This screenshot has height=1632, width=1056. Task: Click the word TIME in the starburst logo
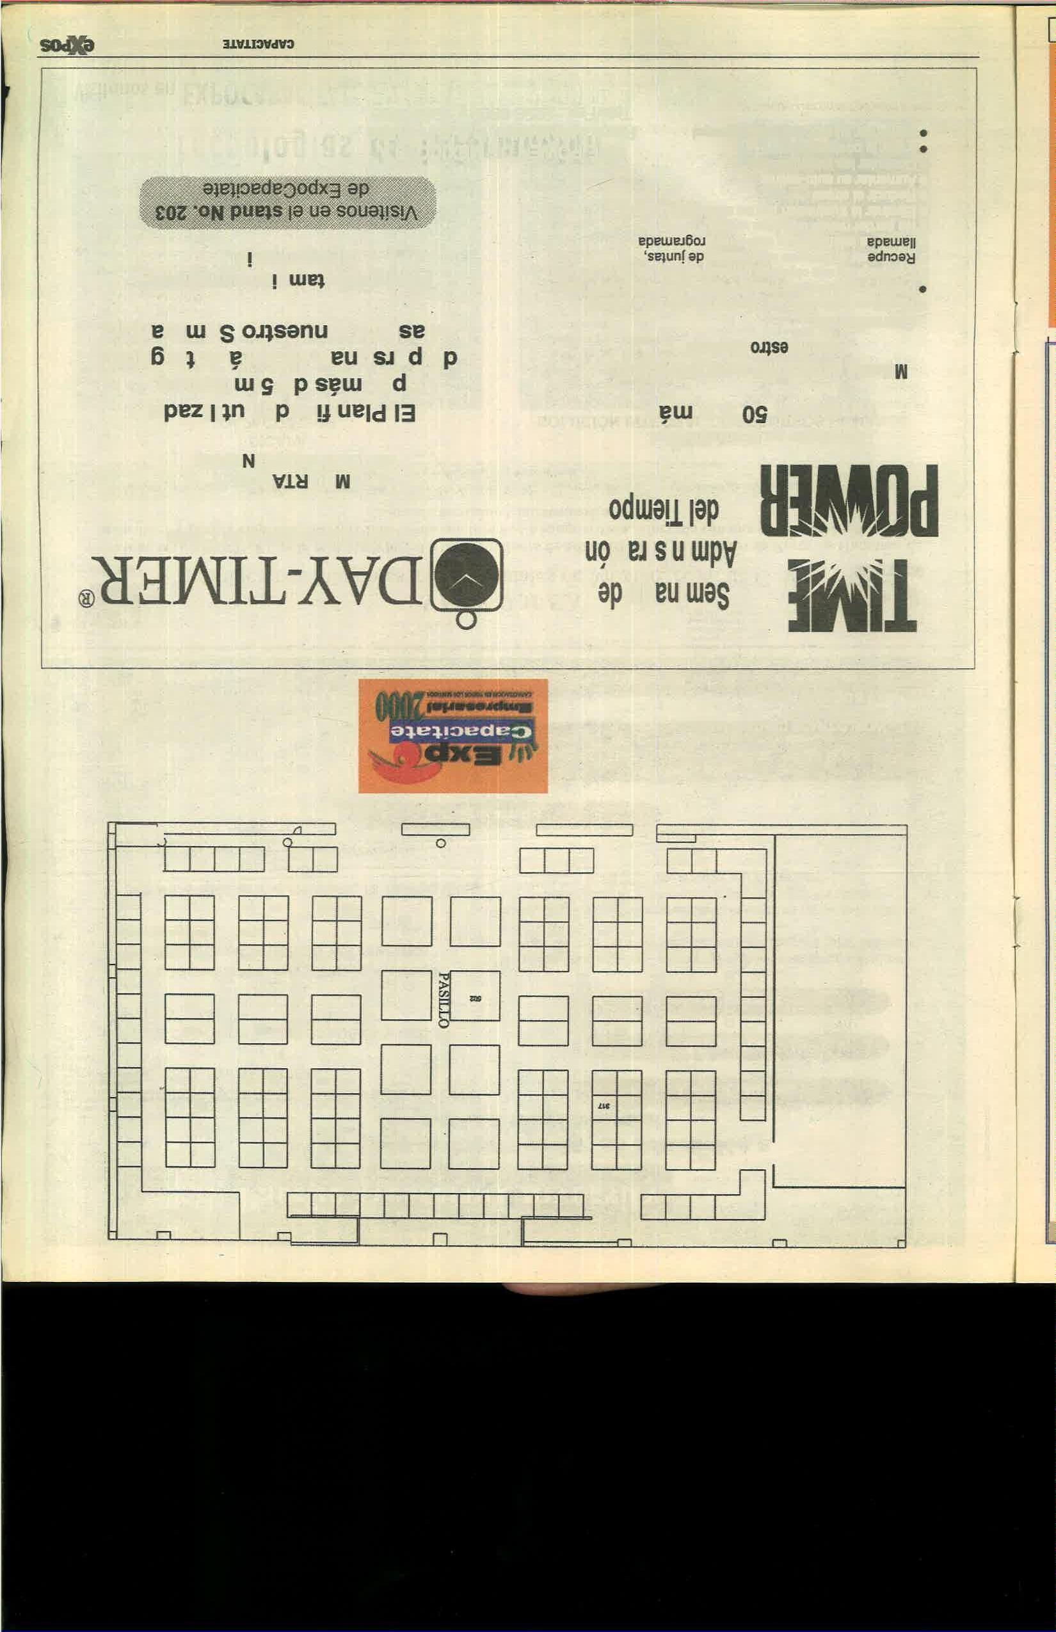[x=852, y=595]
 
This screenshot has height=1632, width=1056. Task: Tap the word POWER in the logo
[x=849, y=500]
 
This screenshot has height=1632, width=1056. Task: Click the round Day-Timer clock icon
[x=467, y=575]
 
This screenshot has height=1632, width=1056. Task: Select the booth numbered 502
[x=474, y=998]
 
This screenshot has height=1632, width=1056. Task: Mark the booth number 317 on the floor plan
[x=604, y=1106]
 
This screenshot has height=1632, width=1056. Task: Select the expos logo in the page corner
[x=66, y=45]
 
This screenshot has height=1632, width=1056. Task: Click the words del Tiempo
[x=663, y=509]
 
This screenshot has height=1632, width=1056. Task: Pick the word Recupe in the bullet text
[x=891, y=257]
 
